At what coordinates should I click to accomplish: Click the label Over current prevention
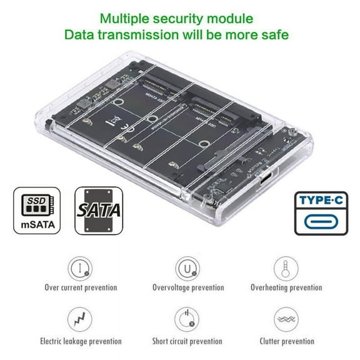click(81, 288)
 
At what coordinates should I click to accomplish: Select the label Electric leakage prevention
click(81, 341)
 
